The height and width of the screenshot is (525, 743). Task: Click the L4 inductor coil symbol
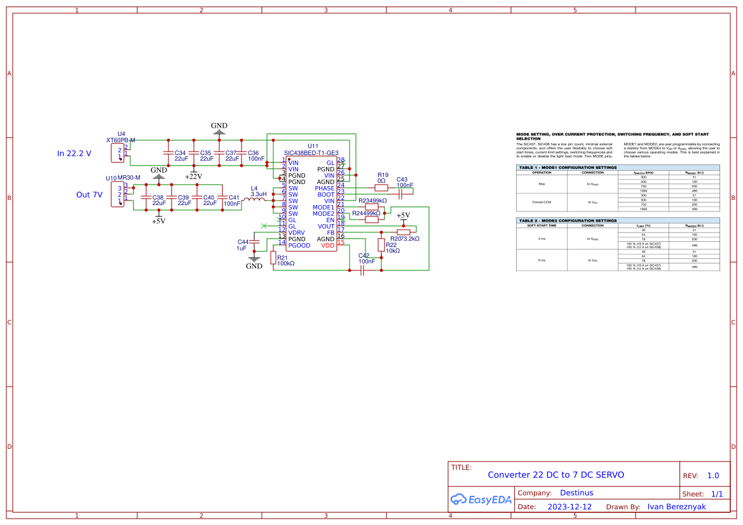254,200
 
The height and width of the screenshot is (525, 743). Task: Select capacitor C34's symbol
168,153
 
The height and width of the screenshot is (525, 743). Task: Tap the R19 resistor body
381,188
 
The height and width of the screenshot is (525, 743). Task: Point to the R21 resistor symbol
273,257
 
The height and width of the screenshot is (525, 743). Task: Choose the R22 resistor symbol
381,245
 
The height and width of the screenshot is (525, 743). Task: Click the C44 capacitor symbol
255,242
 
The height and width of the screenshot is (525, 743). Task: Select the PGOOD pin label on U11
299,246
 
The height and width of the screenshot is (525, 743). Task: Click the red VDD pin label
327,246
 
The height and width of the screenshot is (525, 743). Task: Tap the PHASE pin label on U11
324,189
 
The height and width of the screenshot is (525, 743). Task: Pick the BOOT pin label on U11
325,195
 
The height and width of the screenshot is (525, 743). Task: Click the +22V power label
193,176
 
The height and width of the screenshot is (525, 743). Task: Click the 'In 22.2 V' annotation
74,154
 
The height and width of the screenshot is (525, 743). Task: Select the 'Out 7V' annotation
89,195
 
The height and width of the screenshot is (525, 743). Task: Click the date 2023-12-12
569,507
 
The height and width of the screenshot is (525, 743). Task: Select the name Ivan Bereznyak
676,507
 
